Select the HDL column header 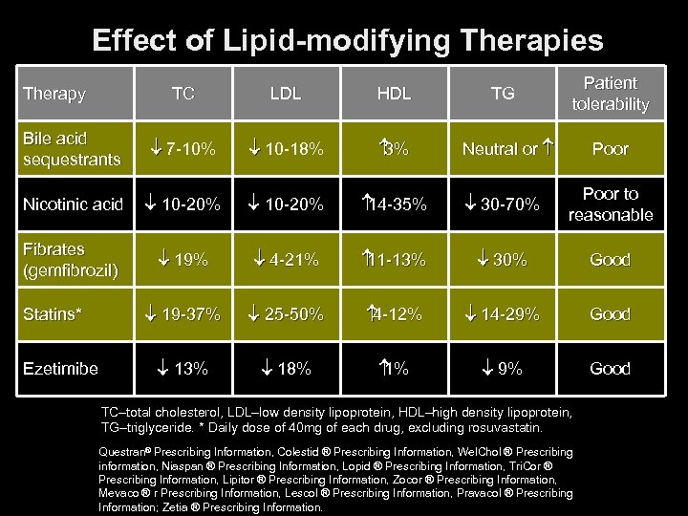pyautogui.click(x=394, y=94)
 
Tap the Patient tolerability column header pyautogui.click(x=610, y=94)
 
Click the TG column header pyautogui.click(x=503, y=94)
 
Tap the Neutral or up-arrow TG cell pyautogui.click(x=505, y=149)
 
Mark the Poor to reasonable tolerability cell pyautogui.click(x=610, y=204)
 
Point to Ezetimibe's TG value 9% pyautogui.click(x=504, y=368)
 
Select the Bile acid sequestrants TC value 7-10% pyautogui.click(x=183, y=149)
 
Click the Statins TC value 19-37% pyautogui.click(x=183, y=313)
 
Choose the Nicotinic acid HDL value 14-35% pyautogui.click(x=394, y=204)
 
